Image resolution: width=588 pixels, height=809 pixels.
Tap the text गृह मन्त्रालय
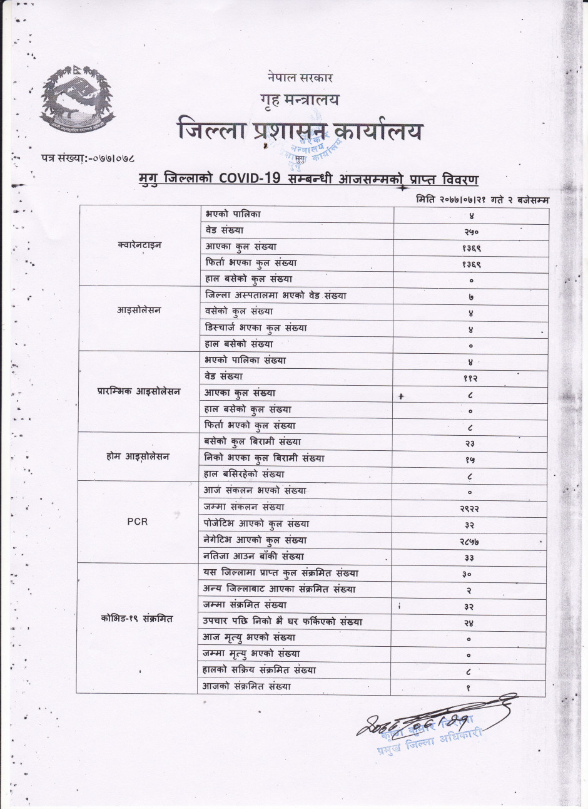click(299, 100)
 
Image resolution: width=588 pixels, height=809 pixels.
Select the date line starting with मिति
click(482, 199)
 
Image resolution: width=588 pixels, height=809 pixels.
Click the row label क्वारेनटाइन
click(139, 245)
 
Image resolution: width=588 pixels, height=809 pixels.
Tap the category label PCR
click(138, 522)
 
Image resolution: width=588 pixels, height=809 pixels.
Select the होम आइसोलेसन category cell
click(138, 457)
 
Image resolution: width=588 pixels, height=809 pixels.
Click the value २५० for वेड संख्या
click(470, 232)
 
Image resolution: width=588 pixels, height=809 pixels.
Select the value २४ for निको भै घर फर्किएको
click(470, 623)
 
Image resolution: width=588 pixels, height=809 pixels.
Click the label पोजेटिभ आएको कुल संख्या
click(257, 523)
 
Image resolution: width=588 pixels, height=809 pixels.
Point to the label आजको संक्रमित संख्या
click(247, 687)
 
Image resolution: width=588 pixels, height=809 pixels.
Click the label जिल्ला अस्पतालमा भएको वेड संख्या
click(275, 295)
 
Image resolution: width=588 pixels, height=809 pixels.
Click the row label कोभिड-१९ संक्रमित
click(136, 619)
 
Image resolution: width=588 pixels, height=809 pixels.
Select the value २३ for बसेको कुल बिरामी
click(470, 443)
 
